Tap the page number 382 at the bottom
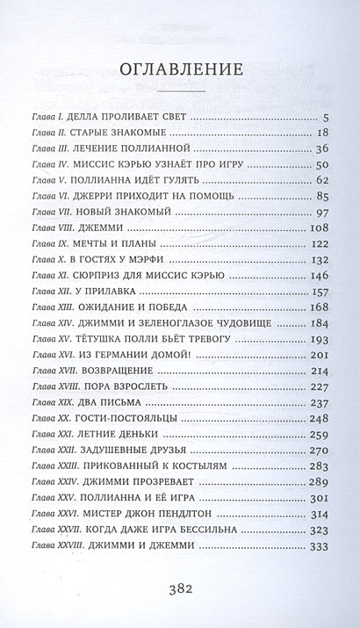tap(180, 586)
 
